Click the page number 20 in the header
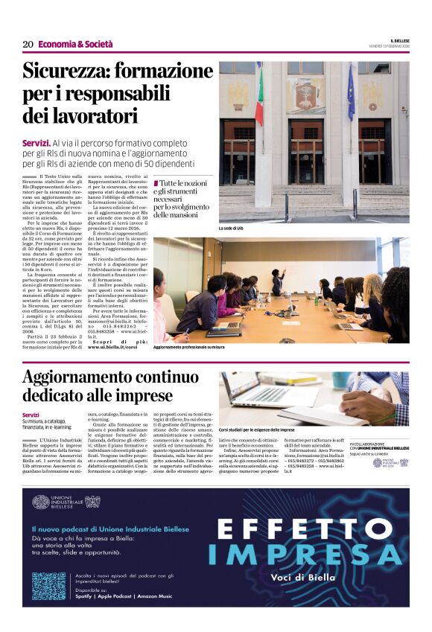click(x=28, y=44)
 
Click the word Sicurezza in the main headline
click(x=72, y=72)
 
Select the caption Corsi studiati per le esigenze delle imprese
click(x=267, y=430)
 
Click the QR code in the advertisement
click(x=49, y=585)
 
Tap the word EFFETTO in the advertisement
click(x=300, y=529)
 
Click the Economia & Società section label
click(x=71, y=45)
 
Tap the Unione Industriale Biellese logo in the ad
click(x=64, y=502)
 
